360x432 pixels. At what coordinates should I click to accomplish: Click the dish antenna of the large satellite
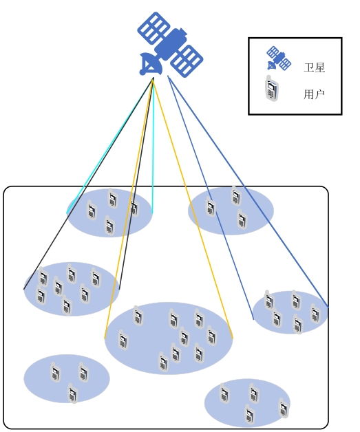[x=149, y=64]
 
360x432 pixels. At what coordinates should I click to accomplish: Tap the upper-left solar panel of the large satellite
[x=153, y=28]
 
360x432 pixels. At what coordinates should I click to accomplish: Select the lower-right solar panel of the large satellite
[x=187, y=61]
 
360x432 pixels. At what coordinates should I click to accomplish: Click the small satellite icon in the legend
[x=279, y=58]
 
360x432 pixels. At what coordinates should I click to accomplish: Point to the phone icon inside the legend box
[x=271, y=89]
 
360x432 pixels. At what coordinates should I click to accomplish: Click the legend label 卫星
[x=315, y=67]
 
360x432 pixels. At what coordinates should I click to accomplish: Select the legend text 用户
[x=314, y=94]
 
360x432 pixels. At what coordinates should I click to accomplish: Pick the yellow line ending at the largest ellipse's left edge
[x=129, y=208]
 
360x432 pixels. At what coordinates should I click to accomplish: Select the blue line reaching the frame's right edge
[x=248, y=191]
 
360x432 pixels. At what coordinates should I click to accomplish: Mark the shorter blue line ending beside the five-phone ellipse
[x=211, y=197]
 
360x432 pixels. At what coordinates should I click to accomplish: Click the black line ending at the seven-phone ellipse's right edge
[x=136, y=184]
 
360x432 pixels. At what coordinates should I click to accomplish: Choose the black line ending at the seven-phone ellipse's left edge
[x=89, y=184]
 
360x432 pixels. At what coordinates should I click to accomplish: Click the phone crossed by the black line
[x=134, y=208]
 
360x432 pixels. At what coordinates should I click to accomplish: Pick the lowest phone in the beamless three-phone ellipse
[x=73, y=393]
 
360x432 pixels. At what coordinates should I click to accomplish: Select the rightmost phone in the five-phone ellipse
[x=315, y=314]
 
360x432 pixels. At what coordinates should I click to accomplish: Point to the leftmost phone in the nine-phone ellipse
[x=123, y=340]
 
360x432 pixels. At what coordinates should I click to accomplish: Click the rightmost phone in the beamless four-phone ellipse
[x=284, y=408]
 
